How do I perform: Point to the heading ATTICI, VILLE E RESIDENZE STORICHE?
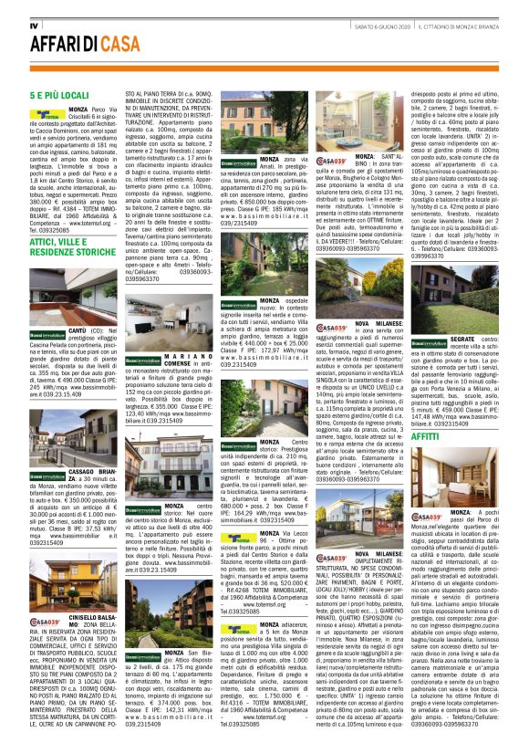point(73,245)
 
